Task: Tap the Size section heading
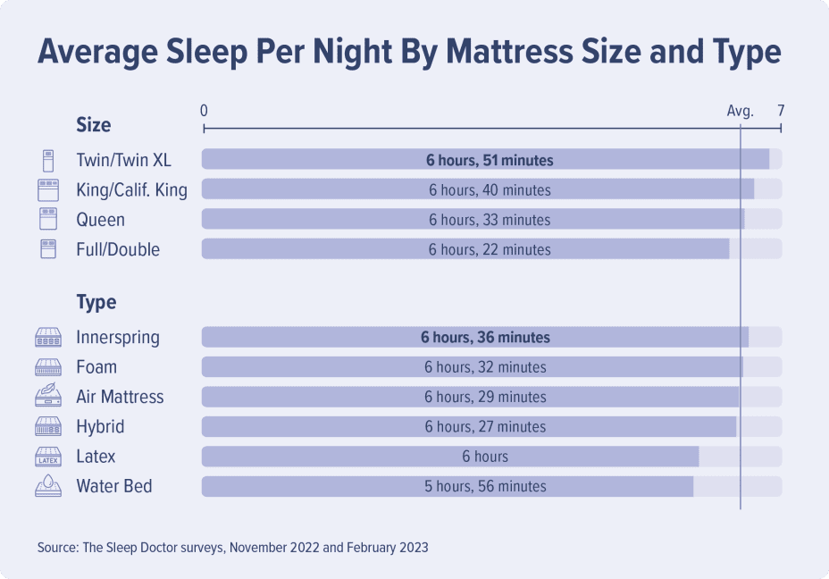click(x=94, y=124)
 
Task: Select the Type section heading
click(x=96, y=302)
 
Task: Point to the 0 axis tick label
click(x=205, y=112)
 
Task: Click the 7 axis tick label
click(x=781, y=112)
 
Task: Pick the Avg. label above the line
click(x=740, y=112)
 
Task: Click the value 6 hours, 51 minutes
click(x=490, y=161)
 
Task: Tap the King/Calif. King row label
click(x=132, y=190)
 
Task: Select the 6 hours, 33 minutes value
click(x=490, y=220)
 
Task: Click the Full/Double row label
click(x=118, y=249)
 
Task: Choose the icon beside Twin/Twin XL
click(x=47, y=161)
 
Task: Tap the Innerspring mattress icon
click(x=47, y=338)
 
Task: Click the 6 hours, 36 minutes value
click(x=485, y=338)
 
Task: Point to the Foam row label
click(x=96, y=367)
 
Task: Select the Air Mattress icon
click(x=47, y=396)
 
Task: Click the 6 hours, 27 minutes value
click(x=485, y=426)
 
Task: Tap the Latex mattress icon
click(x=47, y=457)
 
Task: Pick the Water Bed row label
click(x=114, y=486)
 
